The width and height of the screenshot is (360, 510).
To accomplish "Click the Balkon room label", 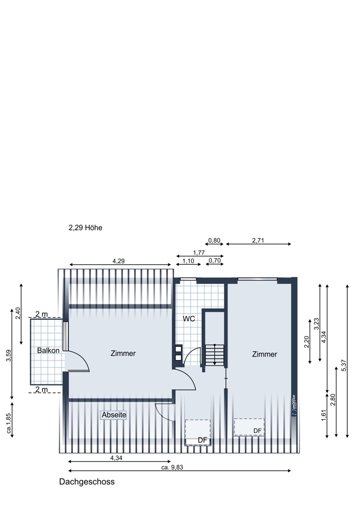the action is click(x=48, y=350).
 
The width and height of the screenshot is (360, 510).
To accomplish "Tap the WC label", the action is click(x=189, y=318).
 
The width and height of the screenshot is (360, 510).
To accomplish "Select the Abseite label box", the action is click(x=114, y=415).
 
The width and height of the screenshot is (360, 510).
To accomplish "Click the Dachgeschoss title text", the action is click(x=87, y=482).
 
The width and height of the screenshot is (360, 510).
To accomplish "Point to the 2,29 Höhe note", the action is click(x=85, y=227).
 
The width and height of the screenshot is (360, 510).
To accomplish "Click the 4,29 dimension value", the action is click(x=118, y=261).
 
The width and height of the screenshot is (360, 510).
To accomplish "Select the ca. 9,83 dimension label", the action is click(x=172, y=467).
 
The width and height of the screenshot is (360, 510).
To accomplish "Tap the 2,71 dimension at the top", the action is click(x=258, y=240).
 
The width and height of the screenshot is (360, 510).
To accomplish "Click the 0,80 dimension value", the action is click(x=214, y=240).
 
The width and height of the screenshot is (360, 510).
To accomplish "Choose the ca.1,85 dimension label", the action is click(x=9, y=424).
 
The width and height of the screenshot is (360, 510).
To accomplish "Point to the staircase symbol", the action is click(x=214, y=354).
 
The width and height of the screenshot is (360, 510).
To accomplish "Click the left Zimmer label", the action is click(x=123, y=353).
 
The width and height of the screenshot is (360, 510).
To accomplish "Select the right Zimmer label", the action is click(x=264, y=354).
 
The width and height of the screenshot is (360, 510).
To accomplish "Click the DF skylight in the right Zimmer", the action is click(x=249, y=427).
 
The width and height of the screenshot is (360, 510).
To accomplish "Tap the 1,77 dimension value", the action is click(x=199, y=252).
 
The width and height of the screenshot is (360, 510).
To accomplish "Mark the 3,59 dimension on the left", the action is click(x=9, y=355).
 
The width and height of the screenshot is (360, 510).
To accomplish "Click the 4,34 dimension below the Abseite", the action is click(x=116, y=458).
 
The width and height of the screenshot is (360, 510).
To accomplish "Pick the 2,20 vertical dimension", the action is click(x=306, y=342).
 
